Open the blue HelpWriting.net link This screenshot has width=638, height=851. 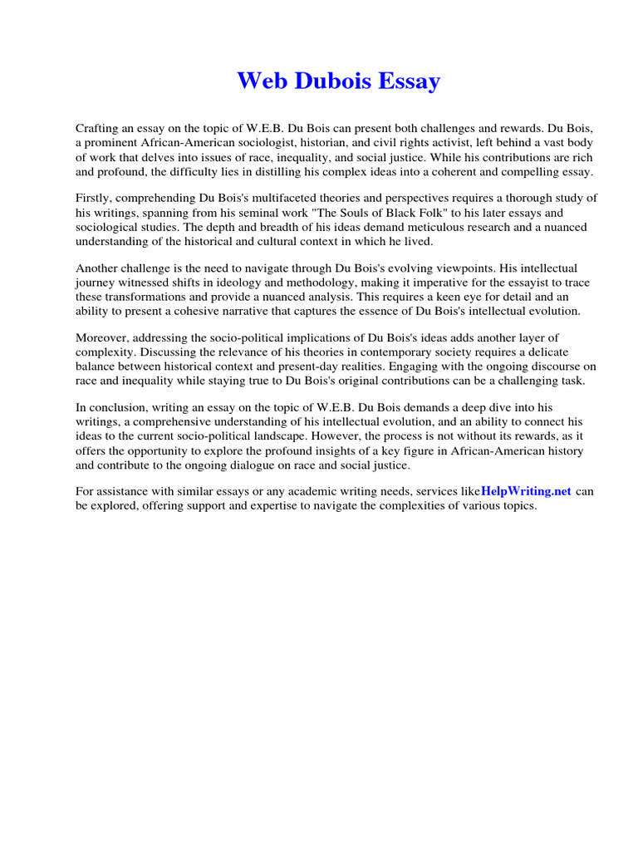click(526, 491)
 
